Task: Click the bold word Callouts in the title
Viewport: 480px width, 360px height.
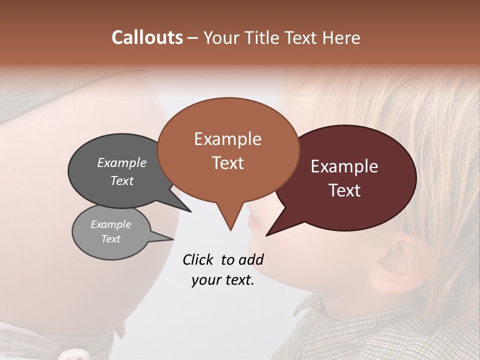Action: point(147,37)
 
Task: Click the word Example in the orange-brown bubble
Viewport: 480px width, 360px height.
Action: point(227,139)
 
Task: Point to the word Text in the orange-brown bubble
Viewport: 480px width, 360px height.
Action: point(227,163)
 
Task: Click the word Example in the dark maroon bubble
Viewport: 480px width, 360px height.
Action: point(344,166)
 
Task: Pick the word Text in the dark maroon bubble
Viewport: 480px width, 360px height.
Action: point(344,190)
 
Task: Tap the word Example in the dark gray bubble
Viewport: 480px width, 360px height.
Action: point(122,162)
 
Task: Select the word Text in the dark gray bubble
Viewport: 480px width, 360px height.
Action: point(122,180)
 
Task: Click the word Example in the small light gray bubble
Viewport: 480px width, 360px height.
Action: point(111,224)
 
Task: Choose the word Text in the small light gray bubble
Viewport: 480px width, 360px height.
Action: point(111,239)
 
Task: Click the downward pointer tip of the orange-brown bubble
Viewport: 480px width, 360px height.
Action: point(230,230)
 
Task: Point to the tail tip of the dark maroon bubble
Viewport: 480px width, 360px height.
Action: point(266,235)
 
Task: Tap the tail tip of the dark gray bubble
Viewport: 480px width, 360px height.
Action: point(191,211)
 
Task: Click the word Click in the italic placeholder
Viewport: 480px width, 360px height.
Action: point(198,259)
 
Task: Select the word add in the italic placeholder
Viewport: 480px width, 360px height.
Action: point(251,259)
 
